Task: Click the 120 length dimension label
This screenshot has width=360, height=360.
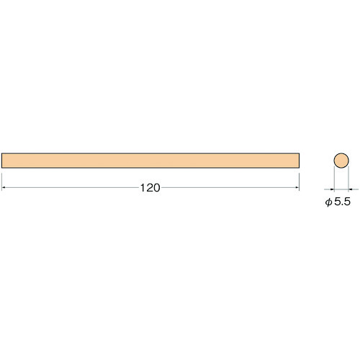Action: click(150, 188)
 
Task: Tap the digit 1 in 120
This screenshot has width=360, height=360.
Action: click(143, 188)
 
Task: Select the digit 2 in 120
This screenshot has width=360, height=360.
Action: click(149, 188)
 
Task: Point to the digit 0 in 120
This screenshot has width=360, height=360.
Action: click(156, 188)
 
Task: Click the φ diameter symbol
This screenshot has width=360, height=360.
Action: click(328, 202)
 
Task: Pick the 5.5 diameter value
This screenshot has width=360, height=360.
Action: click(343, 202)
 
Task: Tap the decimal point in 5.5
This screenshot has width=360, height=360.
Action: click(343, 204)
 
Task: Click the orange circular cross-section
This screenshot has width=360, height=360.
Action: click(341, 161)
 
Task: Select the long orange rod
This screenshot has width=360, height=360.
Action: click(150, 161)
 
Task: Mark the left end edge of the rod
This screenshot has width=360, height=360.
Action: click(1, 161)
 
